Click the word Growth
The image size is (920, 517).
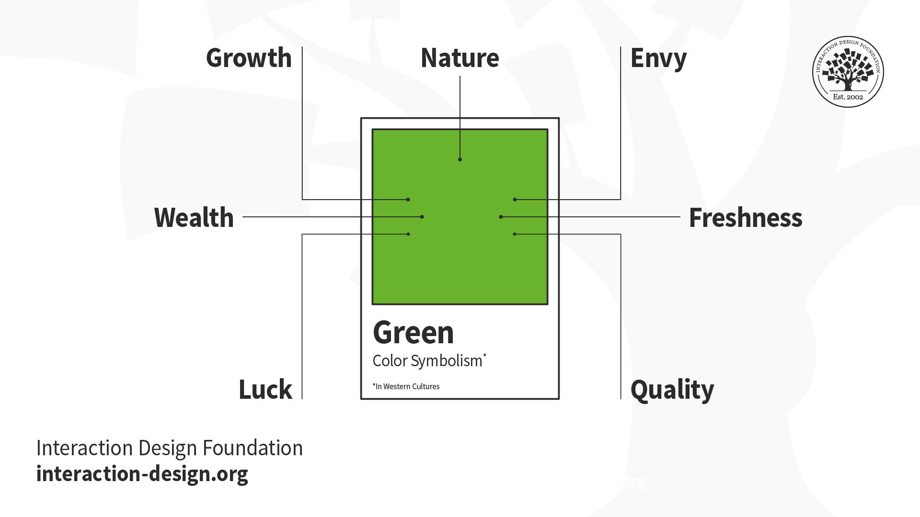click(x=249, y=58)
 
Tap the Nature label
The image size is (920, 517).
click(x=460, y=58)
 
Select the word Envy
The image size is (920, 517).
click(x=658, y=58)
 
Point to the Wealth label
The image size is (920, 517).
click(x=194, y=217)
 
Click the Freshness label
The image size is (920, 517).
click(x=746, y=217)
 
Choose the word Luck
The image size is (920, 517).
click(x=265, y=389)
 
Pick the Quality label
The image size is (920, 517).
click(x=672, y=389)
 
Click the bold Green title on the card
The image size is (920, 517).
click(x=413, y=332)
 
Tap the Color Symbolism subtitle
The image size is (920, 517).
click(x=427, y=360)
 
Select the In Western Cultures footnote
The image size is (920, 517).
click(x=406, y=386)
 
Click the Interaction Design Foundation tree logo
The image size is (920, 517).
click(x=848, y=71)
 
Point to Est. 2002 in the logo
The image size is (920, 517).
click(x=848, y=97)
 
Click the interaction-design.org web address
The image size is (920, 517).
click(x=142, y=474)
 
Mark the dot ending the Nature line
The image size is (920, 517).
click(x=460, y=159)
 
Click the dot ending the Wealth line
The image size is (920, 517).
click(x=422, y=217)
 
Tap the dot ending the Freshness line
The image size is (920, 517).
click(x=501, y=217)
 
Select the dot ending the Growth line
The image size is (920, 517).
click(x=408, y=200)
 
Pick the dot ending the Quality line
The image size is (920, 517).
click(x=515, y=234)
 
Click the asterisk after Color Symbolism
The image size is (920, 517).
click(x=485, y=355)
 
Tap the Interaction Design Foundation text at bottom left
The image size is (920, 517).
click(x=169, y=448)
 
